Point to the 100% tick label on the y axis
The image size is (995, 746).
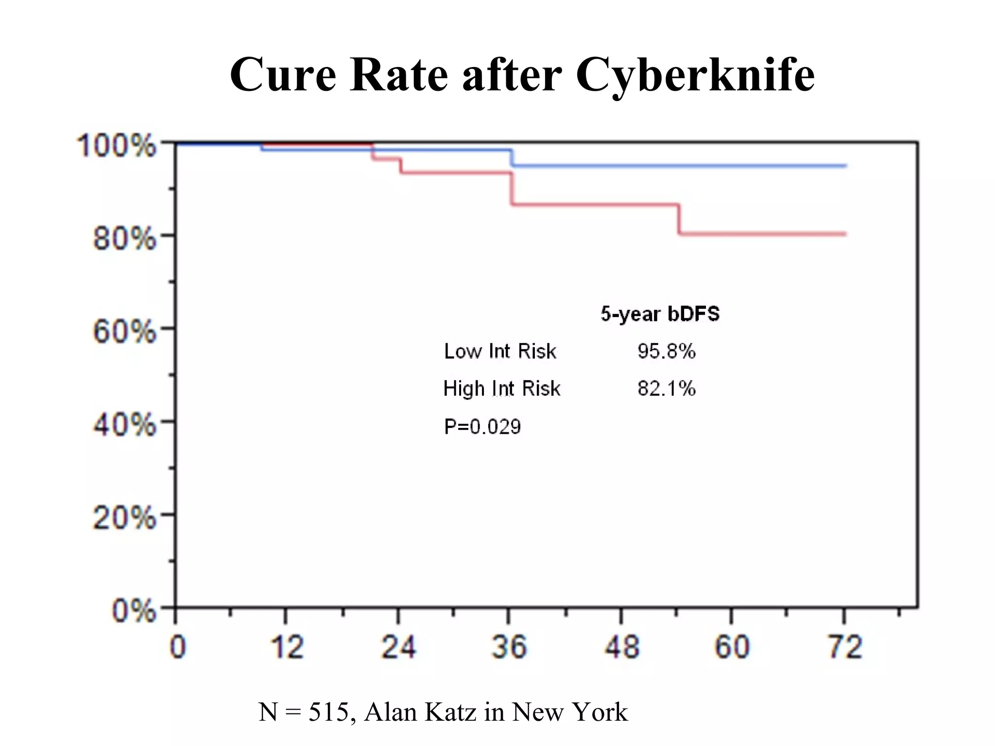(117, 145)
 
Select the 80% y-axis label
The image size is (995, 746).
(124, 238)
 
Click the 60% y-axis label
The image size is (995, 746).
(124, 332)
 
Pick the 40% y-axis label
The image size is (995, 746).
(124, 425)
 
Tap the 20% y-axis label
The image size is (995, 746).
(124, 518)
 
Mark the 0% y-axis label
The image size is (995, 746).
(134, 610)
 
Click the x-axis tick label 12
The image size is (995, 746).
(287, 647)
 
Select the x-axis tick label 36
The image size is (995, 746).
(509, 647)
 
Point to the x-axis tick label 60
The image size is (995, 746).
(732, 647)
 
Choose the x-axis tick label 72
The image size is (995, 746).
(845, 647)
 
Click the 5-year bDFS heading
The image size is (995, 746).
(660, 314)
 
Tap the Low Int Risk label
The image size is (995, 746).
(500, 351)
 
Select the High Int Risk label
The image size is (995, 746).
(501, 389)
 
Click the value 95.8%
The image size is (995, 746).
(666, 351)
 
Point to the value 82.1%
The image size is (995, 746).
(666, 389)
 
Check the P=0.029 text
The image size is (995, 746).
(482, 426)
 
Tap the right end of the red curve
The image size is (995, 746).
(844, 234)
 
